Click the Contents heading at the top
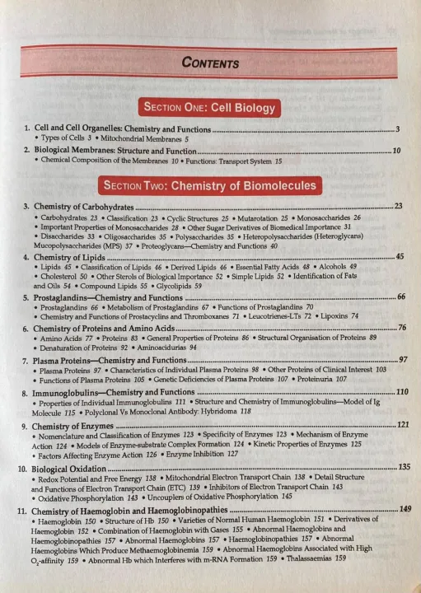[210, 63]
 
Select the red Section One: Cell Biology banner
[210, 108]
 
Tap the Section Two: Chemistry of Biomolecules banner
[210, 185]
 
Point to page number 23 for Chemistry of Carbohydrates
[399, 204]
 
